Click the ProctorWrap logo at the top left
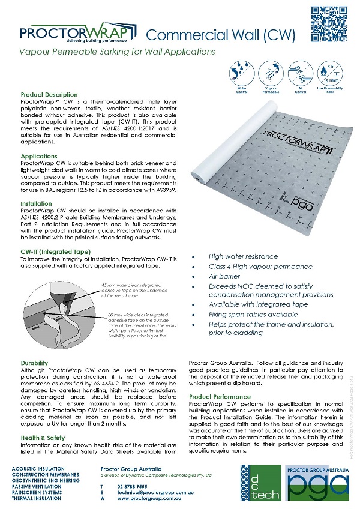(x=69, y=34)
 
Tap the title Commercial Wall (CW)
(x=221, y=34)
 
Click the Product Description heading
(x=49, y=95)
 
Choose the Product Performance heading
(x=220, y=397)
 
